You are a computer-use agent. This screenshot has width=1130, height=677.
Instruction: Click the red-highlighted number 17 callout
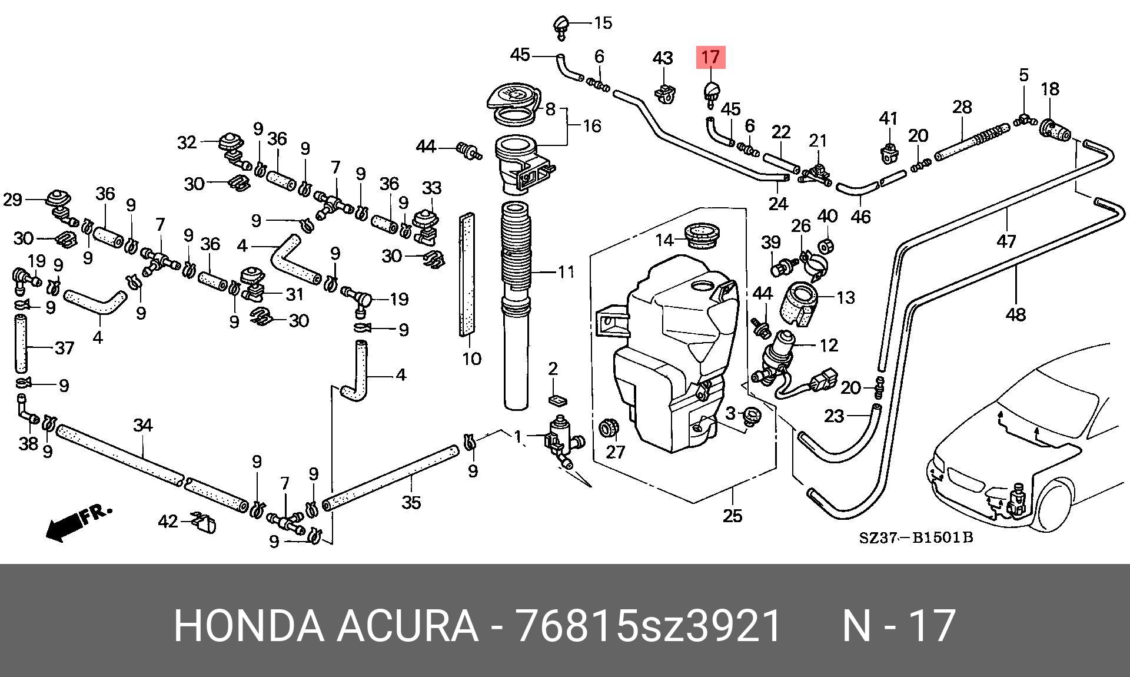click(x=711, y=57)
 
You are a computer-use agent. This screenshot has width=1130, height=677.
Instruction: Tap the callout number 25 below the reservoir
click(x=732, y=516)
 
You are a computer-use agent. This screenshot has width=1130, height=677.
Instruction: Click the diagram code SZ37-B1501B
click(x=916, y=537)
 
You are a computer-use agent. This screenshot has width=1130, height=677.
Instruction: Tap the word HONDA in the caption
click(x=249, y=626)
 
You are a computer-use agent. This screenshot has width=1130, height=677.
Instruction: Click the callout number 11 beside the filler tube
click(x=565, y=272)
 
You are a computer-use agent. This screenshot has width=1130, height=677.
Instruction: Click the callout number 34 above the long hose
click(x=143, y=425)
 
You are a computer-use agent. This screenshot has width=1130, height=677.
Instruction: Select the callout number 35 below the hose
click(x=411, y=503)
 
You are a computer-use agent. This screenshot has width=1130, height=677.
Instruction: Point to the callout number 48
click(x=1016, y=314)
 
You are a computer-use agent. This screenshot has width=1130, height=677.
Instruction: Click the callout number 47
click(x=1006, y=241)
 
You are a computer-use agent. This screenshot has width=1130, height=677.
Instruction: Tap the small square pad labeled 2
click(x=557, y=400)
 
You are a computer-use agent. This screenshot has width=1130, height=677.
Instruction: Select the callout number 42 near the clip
click(x=168, y=522)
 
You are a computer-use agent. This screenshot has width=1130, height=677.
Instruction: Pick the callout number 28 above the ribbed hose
click(x=962, y=108)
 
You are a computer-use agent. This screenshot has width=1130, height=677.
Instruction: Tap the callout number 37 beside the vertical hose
click(x=64, y=348)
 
